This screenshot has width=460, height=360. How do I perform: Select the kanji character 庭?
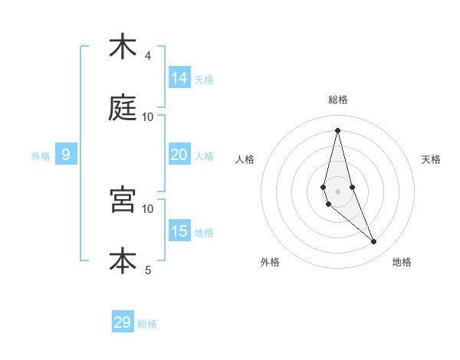click(x=123, y=109)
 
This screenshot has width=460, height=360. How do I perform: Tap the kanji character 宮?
click(x=123, y=200)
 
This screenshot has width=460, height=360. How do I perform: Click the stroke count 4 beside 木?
click(x=148, y=56)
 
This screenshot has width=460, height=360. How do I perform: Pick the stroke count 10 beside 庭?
click(x=148, y=117)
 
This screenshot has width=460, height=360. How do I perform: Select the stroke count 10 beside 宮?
click(x=148, y=208)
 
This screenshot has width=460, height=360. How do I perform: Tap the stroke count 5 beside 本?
click(x=148, y=270)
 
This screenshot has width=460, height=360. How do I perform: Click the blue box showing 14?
click(x=179, y=78)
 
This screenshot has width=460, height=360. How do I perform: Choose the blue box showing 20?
click(x=179, y=155)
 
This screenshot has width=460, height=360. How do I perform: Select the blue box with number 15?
click(x=179, y=231)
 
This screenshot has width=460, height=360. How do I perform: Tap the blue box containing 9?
click(x=66, y=155)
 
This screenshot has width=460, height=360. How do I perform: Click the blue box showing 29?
click(x=123, y=322)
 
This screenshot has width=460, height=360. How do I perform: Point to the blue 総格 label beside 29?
click(x=148, y=324)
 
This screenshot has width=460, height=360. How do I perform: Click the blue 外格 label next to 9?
click(x=41, y=156)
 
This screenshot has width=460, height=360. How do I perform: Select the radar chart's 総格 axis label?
click(x=338, y=100)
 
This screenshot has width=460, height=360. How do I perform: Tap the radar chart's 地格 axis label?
click(x=402, y=262)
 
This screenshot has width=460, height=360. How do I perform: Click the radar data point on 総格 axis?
click(x=337, y=129)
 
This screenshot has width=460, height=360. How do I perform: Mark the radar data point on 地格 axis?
click(x=374, y=242)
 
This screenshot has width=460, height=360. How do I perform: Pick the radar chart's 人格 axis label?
click(x=245, y=159)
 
